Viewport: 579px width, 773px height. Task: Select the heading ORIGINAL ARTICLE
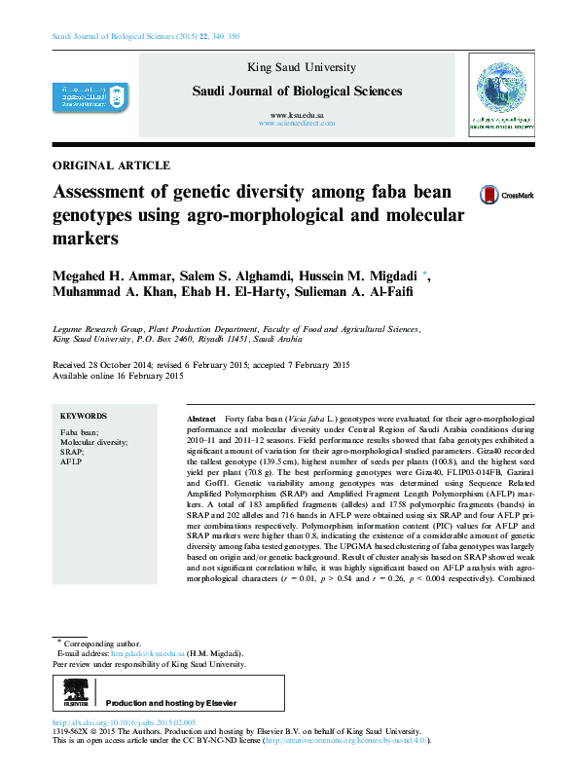click(112, 166)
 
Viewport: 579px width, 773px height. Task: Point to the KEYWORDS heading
click(84, 415)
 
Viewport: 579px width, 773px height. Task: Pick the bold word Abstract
click(199, 416)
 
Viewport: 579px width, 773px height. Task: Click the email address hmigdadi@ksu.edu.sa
click(146, 654)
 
